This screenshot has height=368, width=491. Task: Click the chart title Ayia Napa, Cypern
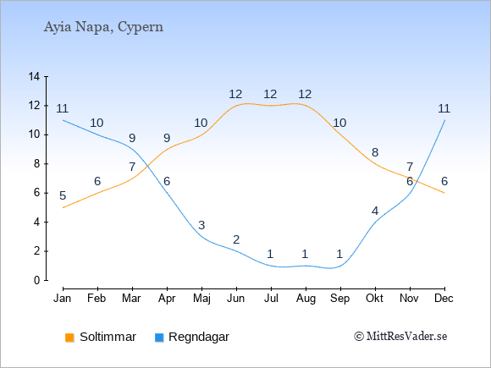click(x=103, y=27)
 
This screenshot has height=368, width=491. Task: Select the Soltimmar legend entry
click(x=101, y=337)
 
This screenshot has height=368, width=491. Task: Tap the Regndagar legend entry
click(x=192, y=337)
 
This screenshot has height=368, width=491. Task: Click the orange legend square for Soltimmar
click(x=69, y=338)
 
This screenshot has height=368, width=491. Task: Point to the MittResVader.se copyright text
click(x=400, y=337)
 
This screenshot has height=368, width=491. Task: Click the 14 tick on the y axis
click(x=34, y=76)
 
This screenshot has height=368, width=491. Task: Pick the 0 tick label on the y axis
click(x=37, y=280)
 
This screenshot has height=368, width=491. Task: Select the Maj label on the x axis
click(x=201, y=299)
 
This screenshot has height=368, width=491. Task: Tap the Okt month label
click(x=374, y=298)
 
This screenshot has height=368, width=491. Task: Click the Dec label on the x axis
click(x=444, y=298)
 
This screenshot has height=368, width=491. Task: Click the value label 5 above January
click(x=63, y=196)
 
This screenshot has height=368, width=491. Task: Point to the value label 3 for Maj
click(x=201, y=225)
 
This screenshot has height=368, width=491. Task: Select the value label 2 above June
click(x=236, y=239)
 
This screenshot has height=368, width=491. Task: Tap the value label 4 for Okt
click(x=375, y=211)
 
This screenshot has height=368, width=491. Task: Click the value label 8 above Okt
click(x=375, y=153)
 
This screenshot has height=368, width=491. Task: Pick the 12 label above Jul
click(x=270, y=94)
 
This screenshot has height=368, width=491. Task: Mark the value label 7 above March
click(x=132, y=167)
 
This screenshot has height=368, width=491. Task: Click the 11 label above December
click(x=444, y=108)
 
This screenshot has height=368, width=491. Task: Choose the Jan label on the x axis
click(x=63, y=298)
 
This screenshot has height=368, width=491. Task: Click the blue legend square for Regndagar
click(x=159, y=338)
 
